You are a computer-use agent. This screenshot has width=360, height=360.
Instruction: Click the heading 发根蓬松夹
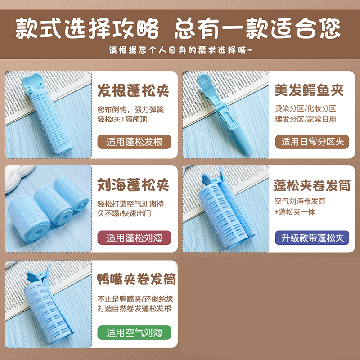(133, 91)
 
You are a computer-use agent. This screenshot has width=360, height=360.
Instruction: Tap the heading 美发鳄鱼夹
(309, 91)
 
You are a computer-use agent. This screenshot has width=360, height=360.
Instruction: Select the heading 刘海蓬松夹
(133, 185)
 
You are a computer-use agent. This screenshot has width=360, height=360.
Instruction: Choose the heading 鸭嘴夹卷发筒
(137, 279)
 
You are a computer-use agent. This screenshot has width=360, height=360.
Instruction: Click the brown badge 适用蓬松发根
(134, 143)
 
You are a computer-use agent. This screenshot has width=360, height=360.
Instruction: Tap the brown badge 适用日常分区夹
(312, 142)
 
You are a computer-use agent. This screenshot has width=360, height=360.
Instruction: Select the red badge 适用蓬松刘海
(134, 238)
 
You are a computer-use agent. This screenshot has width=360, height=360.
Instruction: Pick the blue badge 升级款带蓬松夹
(312, 238)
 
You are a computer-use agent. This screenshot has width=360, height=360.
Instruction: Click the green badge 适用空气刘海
(134, 333)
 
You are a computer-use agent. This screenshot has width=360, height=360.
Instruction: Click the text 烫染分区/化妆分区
(306, 108)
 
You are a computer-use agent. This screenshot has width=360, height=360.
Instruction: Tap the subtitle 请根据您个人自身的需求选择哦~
(180, 49)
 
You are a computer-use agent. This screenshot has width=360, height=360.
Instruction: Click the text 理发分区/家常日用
(306, 119)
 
